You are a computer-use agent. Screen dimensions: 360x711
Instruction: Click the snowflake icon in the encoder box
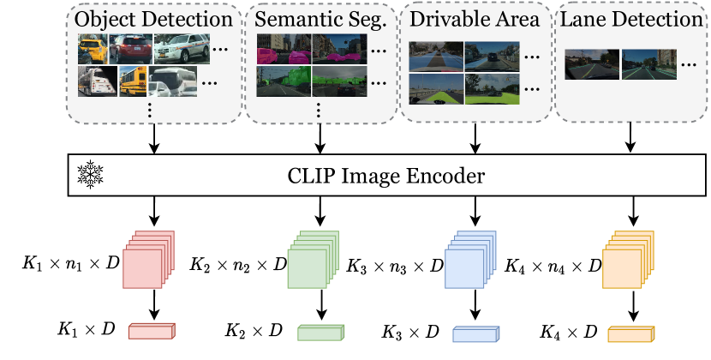89,177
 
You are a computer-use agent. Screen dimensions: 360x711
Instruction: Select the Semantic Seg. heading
319,18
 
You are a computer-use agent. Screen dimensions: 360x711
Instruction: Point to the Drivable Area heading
474,18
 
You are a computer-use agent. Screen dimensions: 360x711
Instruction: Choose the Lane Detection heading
631,18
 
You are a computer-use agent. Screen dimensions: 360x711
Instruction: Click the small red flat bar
151,333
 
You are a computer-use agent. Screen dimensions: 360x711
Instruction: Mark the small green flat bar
320,333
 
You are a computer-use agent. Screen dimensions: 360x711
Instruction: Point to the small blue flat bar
475,333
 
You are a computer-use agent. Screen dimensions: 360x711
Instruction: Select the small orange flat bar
631,333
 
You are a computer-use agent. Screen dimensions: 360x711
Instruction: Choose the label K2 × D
254,329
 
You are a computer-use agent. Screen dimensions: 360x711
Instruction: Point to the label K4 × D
568,329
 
